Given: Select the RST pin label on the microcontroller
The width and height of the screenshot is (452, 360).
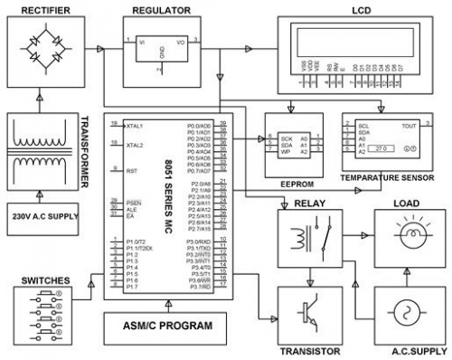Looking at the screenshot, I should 132,170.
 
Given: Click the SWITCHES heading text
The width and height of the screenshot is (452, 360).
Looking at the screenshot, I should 44,280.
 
